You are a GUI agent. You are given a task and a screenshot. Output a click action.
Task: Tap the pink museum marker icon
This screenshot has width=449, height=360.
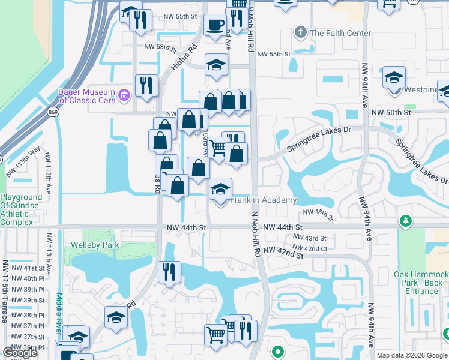[x=124, y=94]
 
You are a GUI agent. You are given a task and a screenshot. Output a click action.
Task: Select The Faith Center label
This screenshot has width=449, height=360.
[x=340, y=33]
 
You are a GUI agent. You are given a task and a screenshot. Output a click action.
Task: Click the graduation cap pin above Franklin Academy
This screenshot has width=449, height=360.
[x=220, y=190]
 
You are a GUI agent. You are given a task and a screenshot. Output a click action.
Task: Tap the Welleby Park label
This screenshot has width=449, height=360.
[x=95, y=245]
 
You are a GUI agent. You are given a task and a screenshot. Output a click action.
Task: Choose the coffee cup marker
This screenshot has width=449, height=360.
[x=215, y=25]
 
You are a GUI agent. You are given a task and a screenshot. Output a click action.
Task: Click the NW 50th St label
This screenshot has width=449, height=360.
[x=391, y=112]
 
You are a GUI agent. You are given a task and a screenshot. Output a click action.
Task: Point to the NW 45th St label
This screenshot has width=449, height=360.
[x=318, y=212]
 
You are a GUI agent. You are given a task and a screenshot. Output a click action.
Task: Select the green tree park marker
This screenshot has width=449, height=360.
[x=406, y=221]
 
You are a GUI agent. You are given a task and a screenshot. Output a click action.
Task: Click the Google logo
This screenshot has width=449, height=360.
[x=20, y=353]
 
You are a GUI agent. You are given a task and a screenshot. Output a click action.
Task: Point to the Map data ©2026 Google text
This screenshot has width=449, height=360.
[x=412, y=355]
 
